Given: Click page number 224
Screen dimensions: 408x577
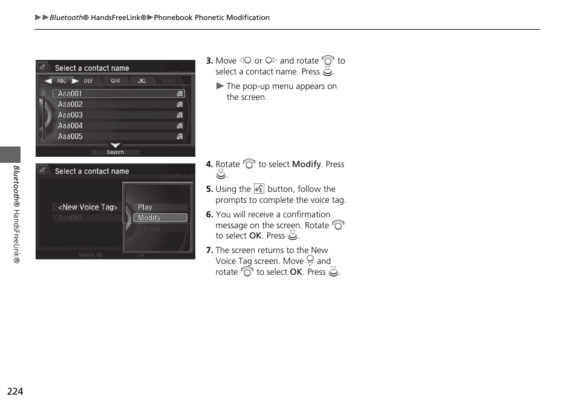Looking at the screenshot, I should click(x=15, y=392).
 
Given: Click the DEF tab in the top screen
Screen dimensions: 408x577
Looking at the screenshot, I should click(x=88, y=81).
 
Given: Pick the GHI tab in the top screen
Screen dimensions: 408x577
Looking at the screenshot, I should click(x=115, y=81).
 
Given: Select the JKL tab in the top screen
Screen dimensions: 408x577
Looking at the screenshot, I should click(x=142, y=81).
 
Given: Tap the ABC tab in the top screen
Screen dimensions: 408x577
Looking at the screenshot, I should click(x=62, y=81).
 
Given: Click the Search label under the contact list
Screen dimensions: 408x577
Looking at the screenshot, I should click(x=115, y=152).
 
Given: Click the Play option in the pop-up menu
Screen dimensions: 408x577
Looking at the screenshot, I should click(x=145, y=207).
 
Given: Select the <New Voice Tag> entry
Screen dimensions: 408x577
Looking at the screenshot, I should click(x=88, y=207).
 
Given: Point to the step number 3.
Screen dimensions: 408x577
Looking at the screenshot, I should click(x=209, y=61).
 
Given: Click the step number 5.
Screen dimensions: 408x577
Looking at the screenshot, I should click(x=209, y=189).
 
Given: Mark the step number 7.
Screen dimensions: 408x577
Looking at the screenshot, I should click(x=209, y=251).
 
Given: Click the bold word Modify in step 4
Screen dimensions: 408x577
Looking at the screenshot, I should click(x=306, y=165).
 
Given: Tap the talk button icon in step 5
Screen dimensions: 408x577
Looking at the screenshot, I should click(x=259, y=189).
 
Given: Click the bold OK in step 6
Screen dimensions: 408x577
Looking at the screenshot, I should click(x=255, y=236).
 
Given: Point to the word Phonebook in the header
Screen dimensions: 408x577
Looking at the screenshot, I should click(x=172, y=18).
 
